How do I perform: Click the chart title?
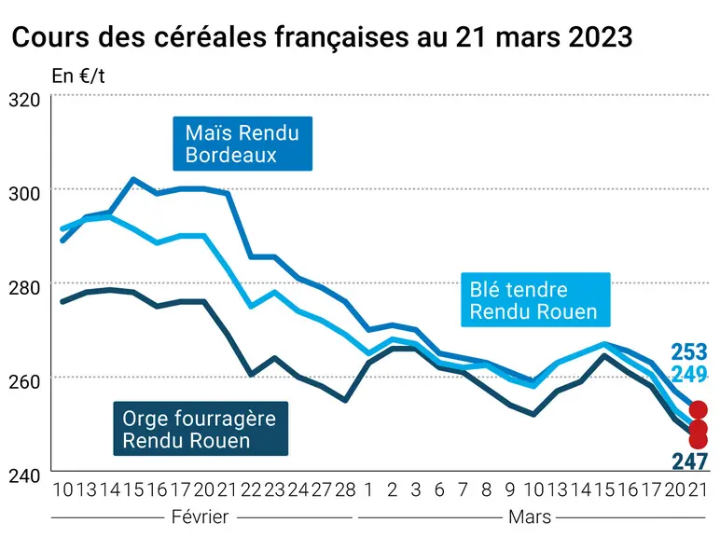coord(322,36)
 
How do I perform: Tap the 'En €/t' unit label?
coord(78,76)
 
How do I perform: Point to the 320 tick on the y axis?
coord(24,100)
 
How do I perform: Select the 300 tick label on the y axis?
coord(24,194)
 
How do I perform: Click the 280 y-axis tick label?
coord(24,288)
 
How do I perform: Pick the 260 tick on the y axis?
coord(24,381)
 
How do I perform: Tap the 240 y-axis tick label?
coord(24,475)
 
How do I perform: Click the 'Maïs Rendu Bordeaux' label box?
coord(242,144)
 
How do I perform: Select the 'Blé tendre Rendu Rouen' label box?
coord(535,300)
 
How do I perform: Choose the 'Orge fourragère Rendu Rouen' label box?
coord(201,429)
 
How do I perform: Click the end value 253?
coord(689,352)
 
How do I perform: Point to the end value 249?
coord(689,375)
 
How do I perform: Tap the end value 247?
coord(690,461)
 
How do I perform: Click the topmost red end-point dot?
coord(698,409)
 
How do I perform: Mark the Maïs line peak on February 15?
coord(133,179)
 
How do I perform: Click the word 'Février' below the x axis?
coord(200,517)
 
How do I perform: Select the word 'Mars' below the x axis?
coord(530,517)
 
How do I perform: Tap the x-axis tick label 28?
coord(345,490)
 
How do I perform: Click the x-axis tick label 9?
coord(510,490)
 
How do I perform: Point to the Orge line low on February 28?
coord(345,401)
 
